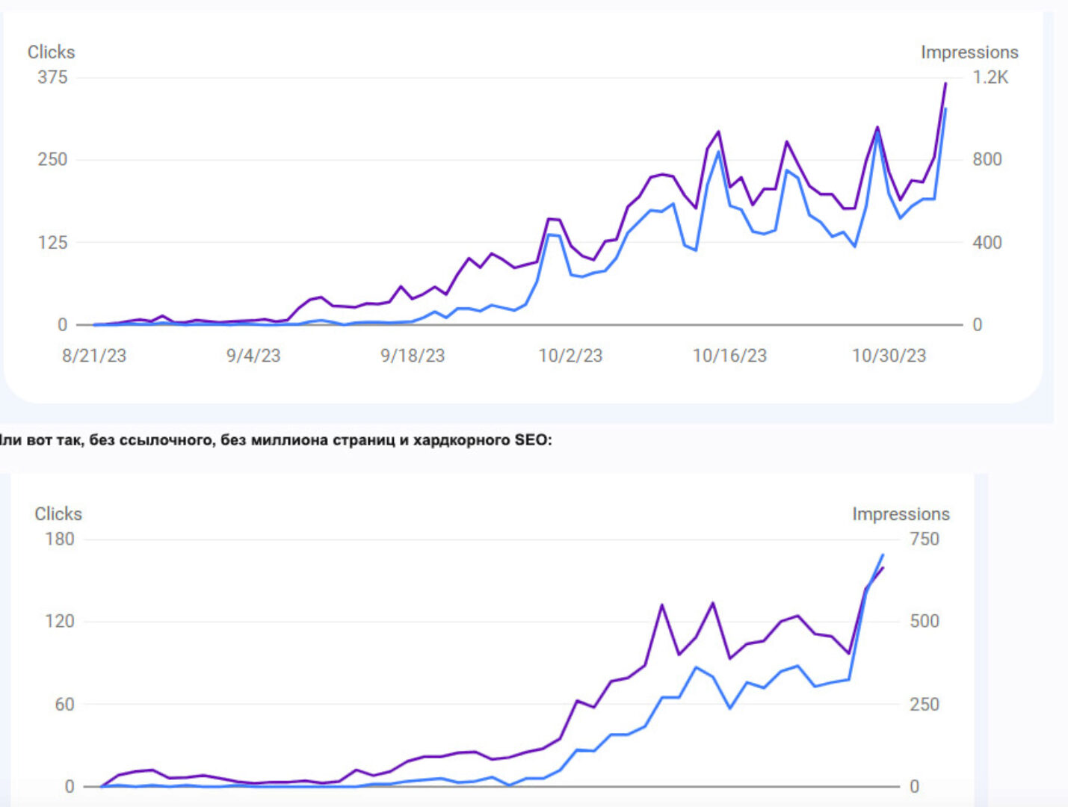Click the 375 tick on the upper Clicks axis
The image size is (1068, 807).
(52, 77)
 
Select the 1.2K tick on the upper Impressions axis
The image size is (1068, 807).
(990, 77)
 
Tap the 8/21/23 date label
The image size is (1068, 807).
(94, 356)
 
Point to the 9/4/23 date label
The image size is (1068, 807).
(253, 356)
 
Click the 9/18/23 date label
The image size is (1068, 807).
(413, 356)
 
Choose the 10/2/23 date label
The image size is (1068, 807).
(570, 356)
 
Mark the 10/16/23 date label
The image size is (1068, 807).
(729, 356)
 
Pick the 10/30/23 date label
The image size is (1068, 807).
(889, 356)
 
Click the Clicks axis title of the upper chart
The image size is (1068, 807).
(51, 52)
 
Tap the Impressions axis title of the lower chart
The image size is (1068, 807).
(901, 514)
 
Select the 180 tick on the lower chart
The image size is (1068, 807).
(60, 539)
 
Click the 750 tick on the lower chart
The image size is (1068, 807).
(924, 539)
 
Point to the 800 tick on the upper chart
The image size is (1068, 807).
(987, 159)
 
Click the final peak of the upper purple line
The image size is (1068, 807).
(945, 84)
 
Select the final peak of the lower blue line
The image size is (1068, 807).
(883, 554)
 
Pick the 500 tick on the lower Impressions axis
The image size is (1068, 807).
(924, 621)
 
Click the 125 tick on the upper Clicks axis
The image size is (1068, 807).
(52, 242)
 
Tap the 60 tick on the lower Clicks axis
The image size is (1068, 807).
(64, 704)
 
